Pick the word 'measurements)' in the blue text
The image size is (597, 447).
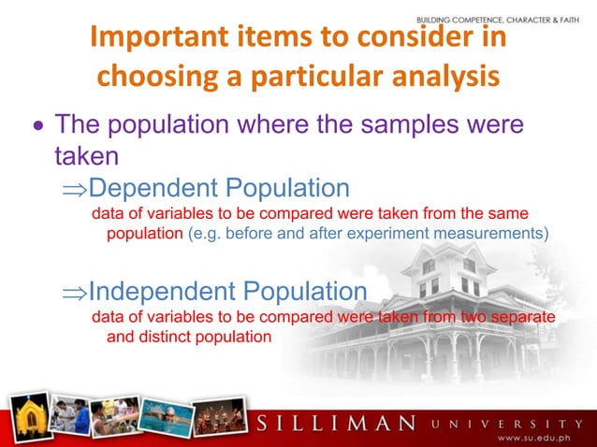[496, 233]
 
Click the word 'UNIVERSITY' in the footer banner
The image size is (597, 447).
[509, 423]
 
